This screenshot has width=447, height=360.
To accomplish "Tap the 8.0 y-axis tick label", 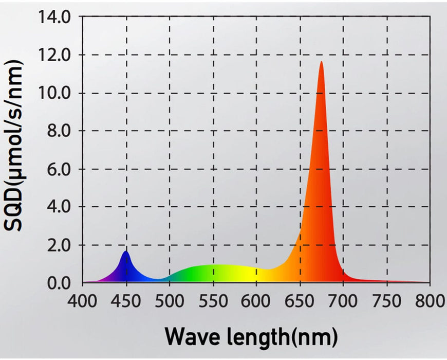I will (60, 131).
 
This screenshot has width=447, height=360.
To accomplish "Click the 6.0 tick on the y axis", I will (60, 169).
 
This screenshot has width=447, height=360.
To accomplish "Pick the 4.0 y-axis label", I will (60, 207).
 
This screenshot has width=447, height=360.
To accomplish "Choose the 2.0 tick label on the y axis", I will (60, 245).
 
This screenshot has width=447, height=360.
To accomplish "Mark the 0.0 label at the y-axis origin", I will (60, 283).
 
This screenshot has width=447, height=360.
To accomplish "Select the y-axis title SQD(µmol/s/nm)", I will (15, 146).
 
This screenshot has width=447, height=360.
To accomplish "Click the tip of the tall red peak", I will (322, 62).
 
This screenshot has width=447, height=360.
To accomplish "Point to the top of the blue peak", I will (126, 251).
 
